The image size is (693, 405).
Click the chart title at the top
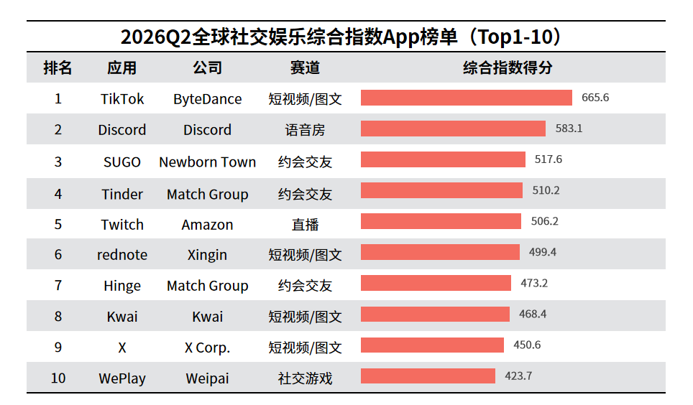tap(341, 37)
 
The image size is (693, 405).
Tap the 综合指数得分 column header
tap(508, 67)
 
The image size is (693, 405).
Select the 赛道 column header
tap(305, 67)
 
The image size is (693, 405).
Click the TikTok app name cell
tap(122, 99)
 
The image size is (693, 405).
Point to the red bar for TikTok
tap(467, 98)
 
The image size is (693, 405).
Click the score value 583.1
tap(569, 129)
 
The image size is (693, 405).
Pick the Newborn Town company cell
tap(207, 162)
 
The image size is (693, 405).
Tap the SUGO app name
tap(122, 162)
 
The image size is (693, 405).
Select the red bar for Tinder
tap(441, 190)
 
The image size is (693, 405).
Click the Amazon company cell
tap(207, 225)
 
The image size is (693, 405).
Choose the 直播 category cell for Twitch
tap(305, 225)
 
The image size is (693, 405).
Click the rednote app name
tap(122, 255)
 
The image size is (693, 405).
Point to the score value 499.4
tap(543, 252)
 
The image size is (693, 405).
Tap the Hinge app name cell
tap(122, 287)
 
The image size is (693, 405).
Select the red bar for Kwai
tap(435, 314)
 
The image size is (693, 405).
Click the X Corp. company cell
tap(207, 348)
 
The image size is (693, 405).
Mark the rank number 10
tap(58, 378)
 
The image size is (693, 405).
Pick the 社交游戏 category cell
tap(305, 378)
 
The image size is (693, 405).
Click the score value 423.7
tap(518, 376)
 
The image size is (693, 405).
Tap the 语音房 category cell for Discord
tap(305, 130)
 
